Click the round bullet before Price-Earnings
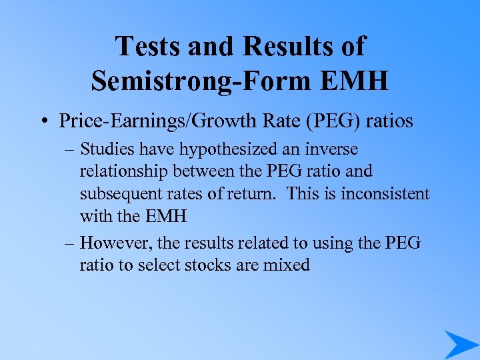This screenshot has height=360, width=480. click(45, 122)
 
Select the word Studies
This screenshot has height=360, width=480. click(106, 149)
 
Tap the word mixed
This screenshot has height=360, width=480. click(287, 265)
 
